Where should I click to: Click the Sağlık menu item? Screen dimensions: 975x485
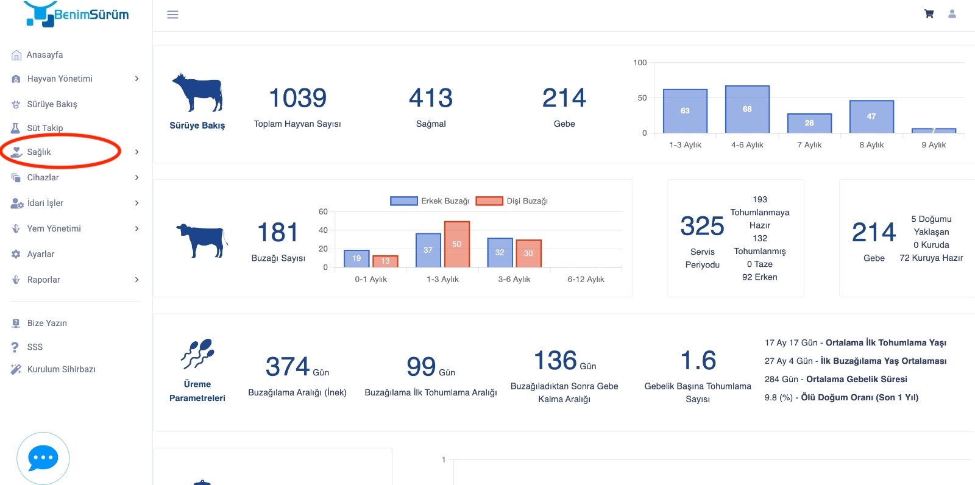pyautogui.click(x=39, y=152)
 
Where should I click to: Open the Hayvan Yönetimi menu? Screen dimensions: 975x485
pyautogui.click(x=60, y=79)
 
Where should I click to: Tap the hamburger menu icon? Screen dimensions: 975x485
pyautogui.click(x=173, y=15)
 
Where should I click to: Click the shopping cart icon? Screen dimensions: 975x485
pyautogui.click(x=929, y=14)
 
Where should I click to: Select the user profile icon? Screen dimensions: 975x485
pyautogui.click(x=952, y=14)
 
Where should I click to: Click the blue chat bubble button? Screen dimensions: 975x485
pyautogui.click(x=43, y=458)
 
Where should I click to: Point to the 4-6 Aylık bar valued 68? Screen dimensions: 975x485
pyautogui.click(x=747, y=109)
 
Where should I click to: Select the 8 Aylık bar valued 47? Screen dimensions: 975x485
pyautogui.click(x=871, y=116)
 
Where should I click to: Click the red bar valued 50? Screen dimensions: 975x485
pyautogui.click(x=457, y=244)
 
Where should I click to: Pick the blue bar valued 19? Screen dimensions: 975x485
pyautogui.click(x=356, y=258)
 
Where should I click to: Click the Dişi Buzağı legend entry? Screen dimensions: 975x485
pyautogui.click(x=512, y=200)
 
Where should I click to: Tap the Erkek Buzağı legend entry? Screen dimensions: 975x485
pyautogui.click(x=430, y=200)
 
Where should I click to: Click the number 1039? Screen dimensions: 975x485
pyautogui.click(x=298, y=97)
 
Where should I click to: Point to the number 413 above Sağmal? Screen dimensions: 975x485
pyautogui.click(x=431, y=97)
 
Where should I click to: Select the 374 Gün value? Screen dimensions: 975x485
pyautogui.click(x=297, y=367)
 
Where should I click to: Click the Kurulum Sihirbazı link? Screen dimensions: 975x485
pyautogui.click(x=61, y=369)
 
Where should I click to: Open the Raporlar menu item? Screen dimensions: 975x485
pyautogui.click(x=43, y=280)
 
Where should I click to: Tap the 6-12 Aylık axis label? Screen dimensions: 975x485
pyautogui.click(x=586, y=279)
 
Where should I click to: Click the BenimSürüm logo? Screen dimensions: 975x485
pyautogui.click(x=77, y=14)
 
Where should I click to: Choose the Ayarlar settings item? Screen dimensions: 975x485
pyautogui.click(x=40, y=254)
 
